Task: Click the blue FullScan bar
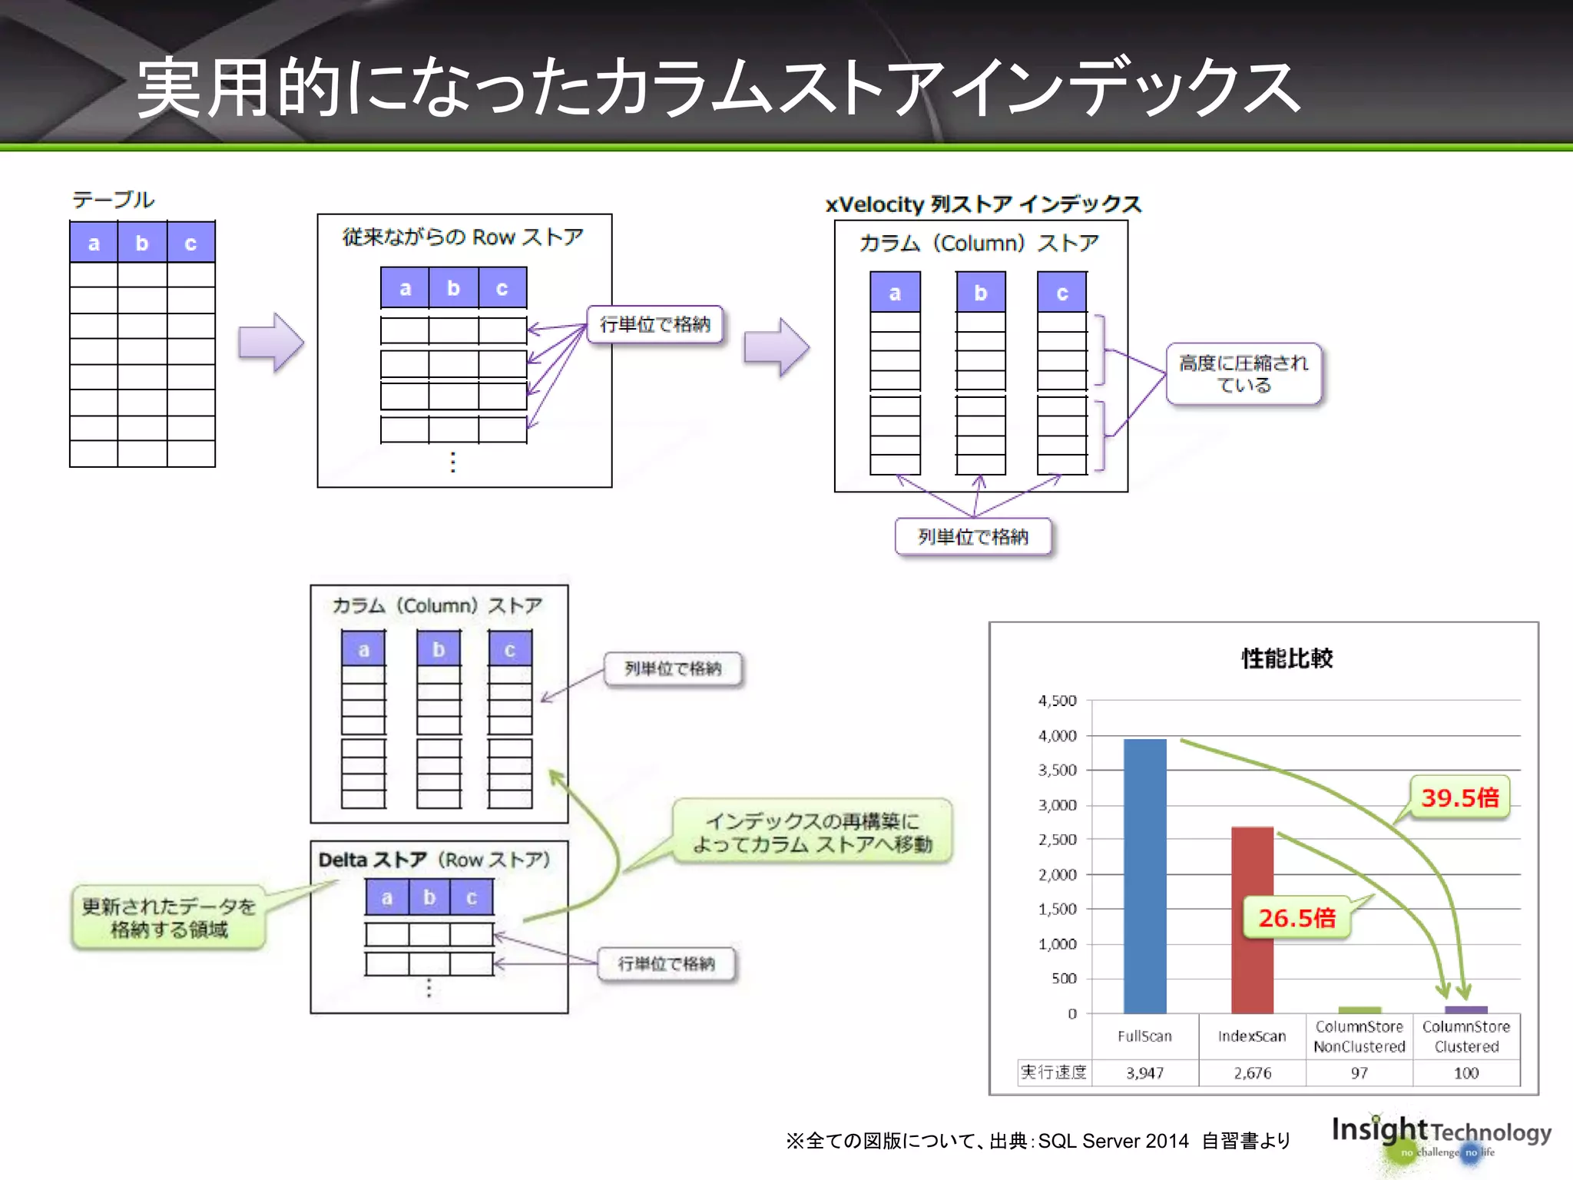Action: click(x=1144, y=876)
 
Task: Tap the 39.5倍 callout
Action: click(x=1459, y=797)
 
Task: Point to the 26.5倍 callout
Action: click(x=1296, y=917)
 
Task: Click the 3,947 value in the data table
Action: click(x=1144, y=1072)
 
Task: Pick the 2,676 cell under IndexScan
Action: click(x=1252, y=1072)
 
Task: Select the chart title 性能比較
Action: click(x=1287, y=658)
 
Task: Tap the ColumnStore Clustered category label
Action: click(x=1465, y=1036)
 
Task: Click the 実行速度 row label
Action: click(x=1054, y=1072)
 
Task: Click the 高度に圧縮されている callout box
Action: click(x=1243, y=374)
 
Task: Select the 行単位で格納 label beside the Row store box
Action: click(x=655, y=324)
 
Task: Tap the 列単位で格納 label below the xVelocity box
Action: click(x=972, y=536)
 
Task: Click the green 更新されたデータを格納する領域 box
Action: click(x=169, y=918)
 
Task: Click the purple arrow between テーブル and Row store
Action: click(x=270, y=343)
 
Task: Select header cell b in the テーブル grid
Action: click(x=142, y=243)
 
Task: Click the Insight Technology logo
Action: click(x=1440, y=1137)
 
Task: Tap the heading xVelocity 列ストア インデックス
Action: click(x=983, y=204)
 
